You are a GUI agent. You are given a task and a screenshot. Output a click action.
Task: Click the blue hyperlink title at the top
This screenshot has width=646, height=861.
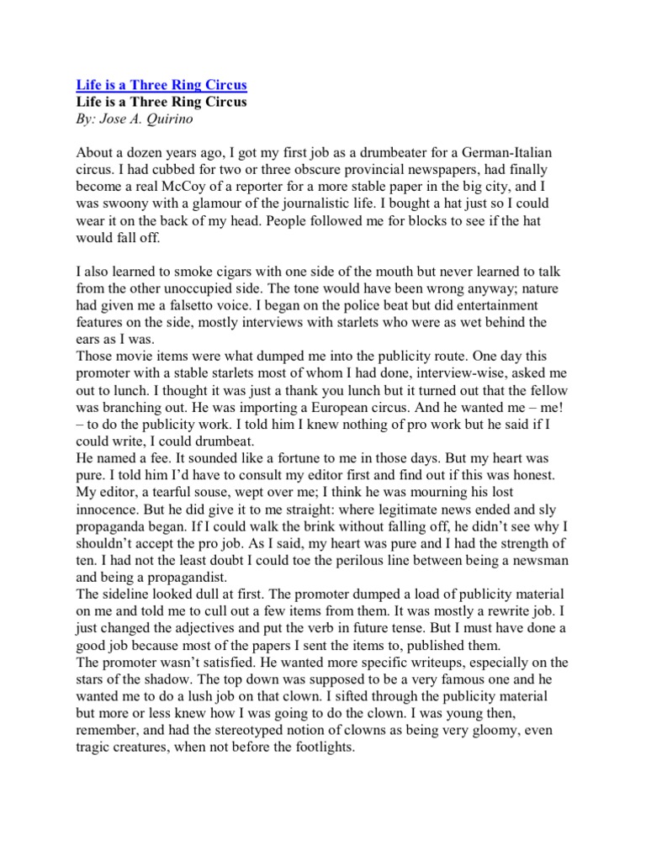pyautogui.click(x=161, y=86)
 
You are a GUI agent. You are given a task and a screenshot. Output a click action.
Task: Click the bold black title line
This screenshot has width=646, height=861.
pyautogui.click(x=161, y=102)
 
